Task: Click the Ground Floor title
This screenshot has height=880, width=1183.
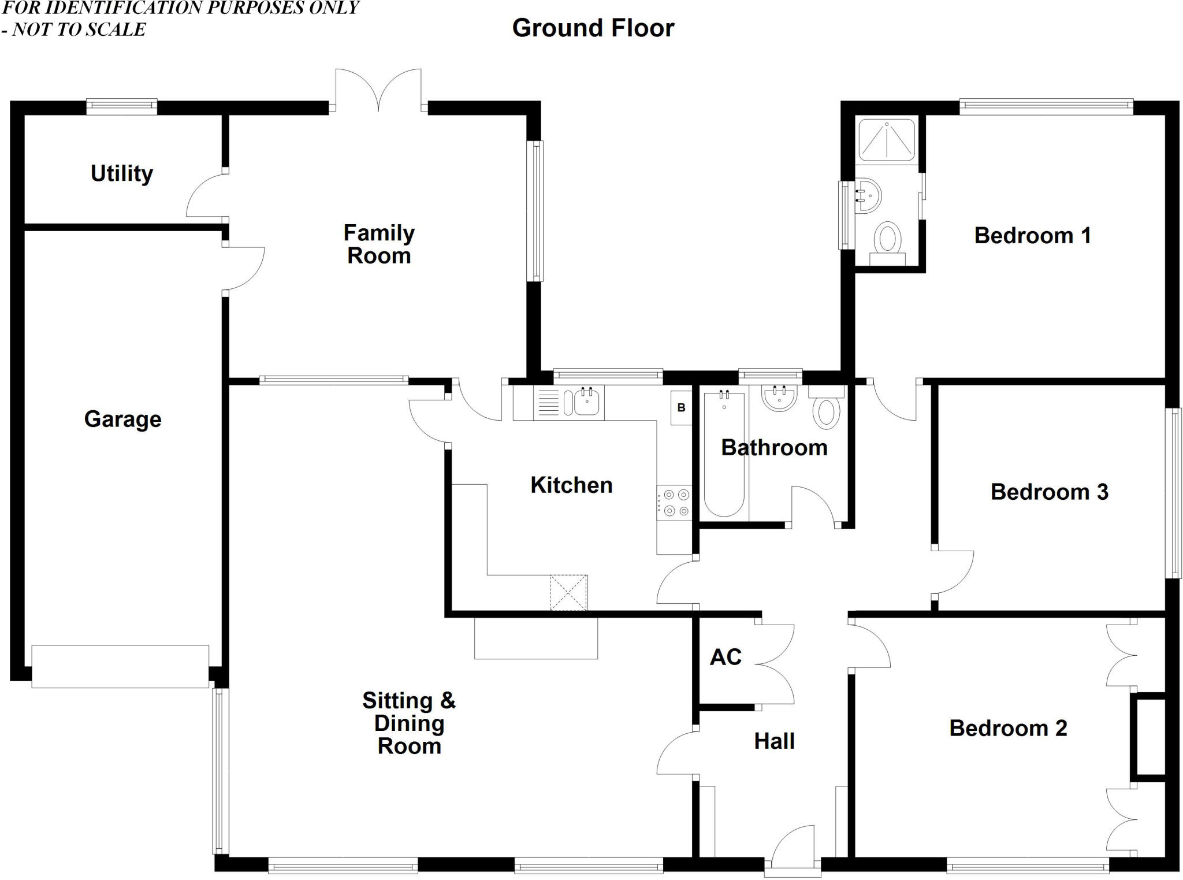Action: point(593,28)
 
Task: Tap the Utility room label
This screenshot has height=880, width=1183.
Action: point(122,173)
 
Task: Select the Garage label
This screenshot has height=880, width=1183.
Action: point(122,419)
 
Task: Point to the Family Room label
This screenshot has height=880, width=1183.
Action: point(379,244)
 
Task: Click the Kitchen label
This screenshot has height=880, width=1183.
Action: point(571,485)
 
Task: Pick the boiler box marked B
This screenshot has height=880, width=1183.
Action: point(681,408)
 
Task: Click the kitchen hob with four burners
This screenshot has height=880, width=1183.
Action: point(675,503)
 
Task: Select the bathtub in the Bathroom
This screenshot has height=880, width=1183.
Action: point(724,454)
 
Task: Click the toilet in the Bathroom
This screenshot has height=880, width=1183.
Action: point(826,411)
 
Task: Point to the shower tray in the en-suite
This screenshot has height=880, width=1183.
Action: point(886,140)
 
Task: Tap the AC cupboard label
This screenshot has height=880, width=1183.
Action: point(726,657)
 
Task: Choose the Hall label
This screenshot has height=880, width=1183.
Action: point(774,741)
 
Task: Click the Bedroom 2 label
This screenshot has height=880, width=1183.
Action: point(1008,729)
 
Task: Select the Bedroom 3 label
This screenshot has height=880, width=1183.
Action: point(1049,492)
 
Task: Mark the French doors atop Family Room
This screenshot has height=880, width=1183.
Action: point(378,90)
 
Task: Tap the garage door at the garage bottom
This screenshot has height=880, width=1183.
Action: point(120,666)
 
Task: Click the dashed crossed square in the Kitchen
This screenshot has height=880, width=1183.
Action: point(568,592)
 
